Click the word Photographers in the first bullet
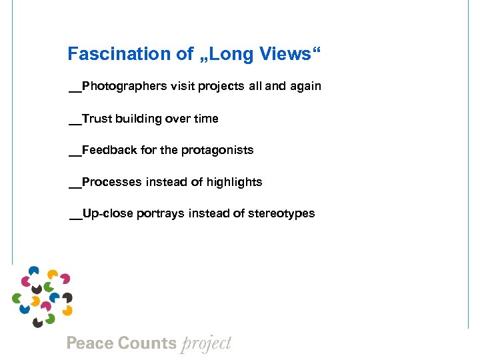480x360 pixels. tap(123, 87)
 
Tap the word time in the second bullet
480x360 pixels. tap(205, 119)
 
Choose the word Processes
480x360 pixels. tap(112, 182)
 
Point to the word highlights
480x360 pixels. tap(234, 182)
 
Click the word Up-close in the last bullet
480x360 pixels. tap(108, 214)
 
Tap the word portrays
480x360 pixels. tap(161, 214)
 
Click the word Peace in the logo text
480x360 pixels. tap(89, 343)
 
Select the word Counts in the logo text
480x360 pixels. tap(146, 343)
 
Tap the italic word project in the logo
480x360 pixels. tap(205, 344)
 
